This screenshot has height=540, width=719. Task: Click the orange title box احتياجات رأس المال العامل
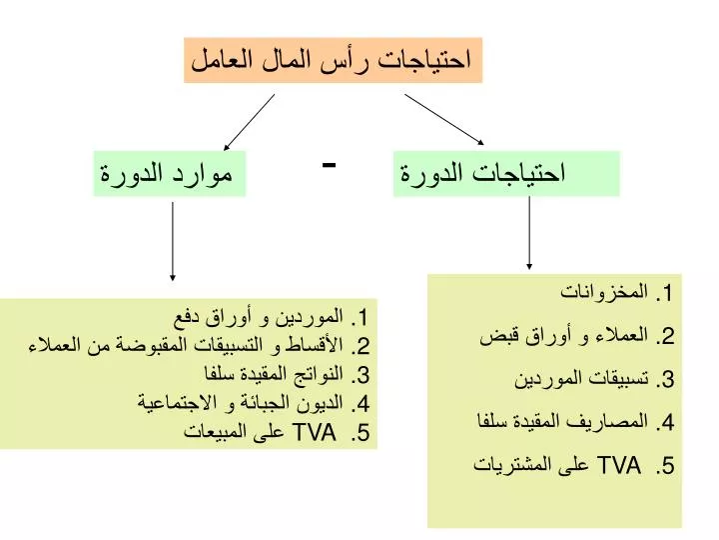333,60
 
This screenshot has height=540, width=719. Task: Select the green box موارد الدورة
170,174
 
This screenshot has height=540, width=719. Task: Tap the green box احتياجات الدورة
506,174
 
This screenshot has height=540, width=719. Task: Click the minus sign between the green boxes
329,164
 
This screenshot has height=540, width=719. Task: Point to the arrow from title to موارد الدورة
249,122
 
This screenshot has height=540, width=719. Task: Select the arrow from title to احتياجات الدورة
443,119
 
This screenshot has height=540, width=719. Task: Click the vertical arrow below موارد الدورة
173,241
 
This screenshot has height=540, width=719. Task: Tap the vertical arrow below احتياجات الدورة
529,233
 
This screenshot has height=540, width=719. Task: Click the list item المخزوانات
604,292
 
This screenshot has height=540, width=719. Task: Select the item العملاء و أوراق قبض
564,336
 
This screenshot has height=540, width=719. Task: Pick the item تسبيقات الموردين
581,378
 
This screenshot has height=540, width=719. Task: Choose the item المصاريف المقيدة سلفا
562,421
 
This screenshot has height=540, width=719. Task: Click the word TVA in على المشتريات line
619,465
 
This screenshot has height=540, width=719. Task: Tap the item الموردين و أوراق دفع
259,317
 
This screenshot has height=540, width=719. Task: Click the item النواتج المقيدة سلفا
274,374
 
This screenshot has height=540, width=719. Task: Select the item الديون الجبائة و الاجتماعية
241,403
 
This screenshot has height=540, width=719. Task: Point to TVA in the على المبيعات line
315,432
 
